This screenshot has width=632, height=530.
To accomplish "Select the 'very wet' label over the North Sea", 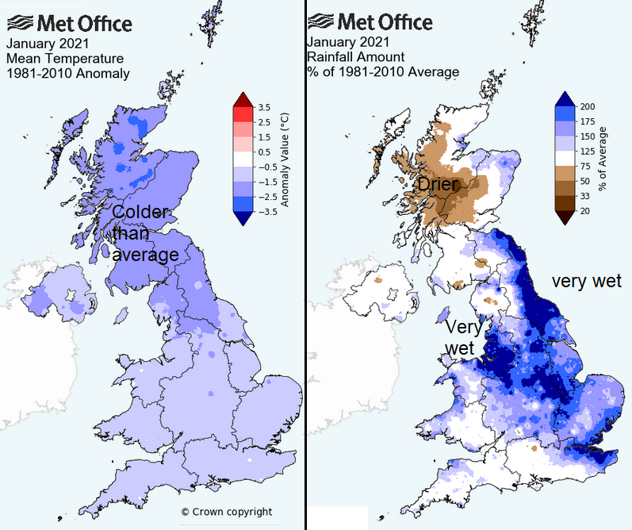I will click(x=587, y=281).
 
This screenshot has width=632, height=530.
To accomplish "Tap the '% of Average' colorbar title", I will click(x=604, y=159).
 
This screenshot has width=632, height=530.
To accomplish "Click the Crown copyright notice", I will click(x=226, y=512).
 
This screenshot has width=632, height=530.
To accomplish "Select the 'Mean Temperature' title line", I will click(x=65, y=58).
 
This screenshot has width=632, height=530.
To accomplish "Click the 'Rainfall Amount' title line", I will click(x=358, y=57).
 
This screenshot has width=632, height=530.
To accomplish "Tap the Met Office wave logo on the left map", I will click(x=18, y=21).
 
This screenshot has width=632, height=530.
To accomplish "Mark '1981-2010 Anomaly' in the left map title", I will click(x=67, y=73).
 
